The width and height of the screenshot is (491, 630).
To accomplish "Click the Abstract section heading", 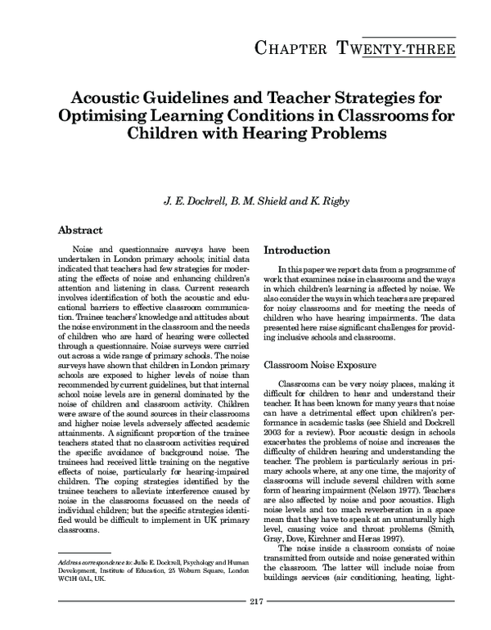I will (x=84, y=232).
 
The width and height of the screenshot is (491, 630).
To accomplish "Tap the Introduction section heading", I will (x=297, y=249).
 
